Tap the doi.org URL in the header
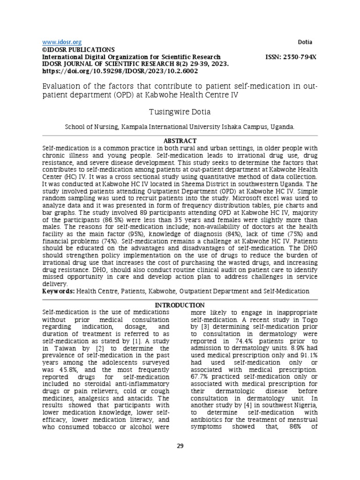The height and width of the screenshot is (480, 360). [120, 71]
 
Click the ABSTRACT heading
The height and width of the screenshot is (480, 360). [180, 141]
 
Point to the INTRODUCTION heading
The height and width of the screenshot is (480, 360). [180, 305]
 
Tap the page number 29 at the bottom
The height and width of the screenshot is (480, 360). [180, 445]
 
